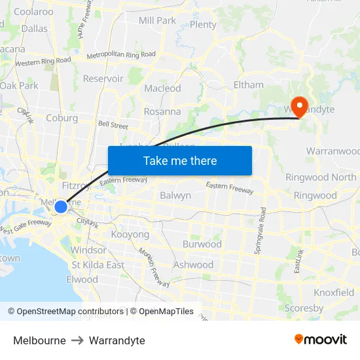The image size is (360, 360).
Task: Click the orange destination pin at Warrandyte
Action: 300,107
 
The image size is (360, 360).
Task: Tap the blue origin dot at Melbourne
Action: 61,207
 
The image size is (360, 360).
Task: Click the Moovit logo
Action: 321,340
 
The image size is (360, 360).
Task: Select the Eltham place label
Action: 249,85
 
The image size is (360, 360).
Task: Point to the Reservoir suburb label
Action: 103,79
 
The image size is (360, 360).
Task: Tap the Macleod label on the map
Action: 162,88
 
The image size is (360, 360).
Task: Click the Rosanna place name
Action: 162,111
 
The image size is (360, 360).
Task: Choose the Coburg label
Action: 62,118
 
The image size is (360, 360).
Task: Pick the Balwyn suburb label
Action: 175,195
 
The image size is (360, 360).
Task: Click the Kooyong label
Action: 130,234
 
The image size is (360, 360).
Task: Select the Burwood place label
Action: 202,244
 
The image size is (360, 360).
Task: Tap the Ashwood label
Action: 193,265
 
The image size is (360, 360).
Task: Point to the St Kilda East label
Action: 98,265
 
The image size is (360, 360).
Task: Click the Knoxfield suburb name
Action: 334,293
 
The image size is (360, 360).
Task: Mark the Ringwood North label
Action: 321,177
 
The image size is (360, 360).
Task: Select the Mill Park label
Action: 157,20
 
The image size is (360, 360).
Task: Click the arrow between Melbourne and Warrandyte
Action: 77,341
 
